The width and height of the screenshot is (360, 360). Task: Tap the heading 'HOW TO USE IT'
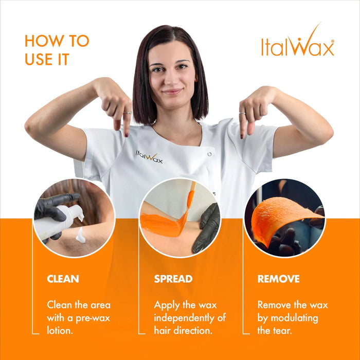click(57, 50)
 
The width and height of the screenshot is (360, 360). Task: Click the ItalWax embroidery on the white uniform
click(149, 156)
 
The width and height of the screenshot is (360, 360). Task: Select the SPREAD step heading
click(173, 279)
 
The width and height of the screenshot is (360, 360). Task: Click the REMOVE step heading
click(278, 279)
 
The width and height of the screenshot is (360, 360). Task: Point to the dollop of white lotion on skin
click(80, 235)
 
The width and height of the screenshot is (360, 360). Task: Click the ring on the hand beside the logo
click(242, 112)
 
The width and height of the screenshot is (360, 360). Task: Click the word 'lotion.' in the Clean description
click(60, 330)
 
